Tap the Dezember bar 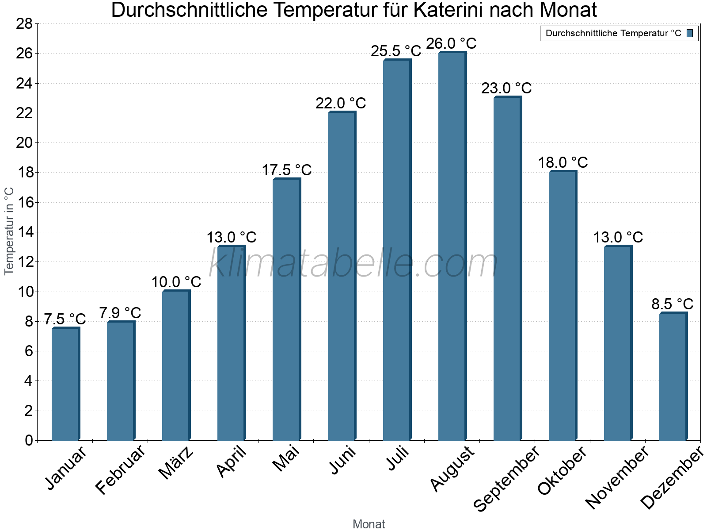(x=673, y=376)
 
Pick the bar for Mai (x=286, y=309)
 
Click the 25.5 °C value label (x=396, y=51)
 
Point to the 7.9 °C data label (x=120, y=313)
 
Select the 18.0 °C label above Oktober (x=563, y=163)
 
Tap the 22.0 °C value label (x=341, y=104)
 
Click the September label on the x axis (x=506, y=478)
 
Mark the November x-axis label (x=617, y=477)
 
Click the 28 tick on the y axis (x=25, y=24)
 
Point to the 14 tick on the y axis (x=25, y=232)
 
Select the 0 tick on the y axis (x=29, y=440)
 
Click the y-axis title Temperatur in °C (x=9, y=231)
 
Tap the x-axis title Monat (x=369, y=524)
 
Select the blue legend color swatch (x=690, y=33)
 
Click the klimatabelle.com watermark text (x=353, y=264)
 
